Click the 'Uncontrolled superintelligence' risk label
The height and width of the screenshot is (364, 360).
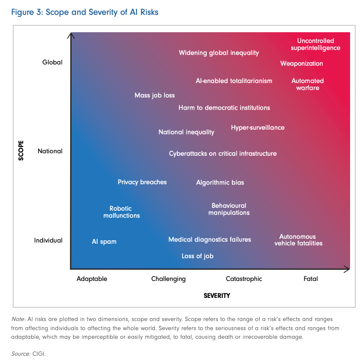click(x=315, y=44)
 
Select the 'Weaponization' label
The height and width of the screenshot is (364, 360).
click(x=301, y=64)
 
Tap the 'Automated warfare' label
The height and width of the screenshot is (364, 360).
click(x=308, y=84)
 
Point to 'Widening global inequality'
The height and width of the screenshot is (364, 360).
click(x=219, y=53)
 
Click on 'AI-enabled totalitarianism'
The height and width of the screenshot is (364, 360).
click(x=234, y=81)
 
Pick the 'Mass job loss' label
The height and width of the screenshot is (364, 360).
click(x=155, y=95)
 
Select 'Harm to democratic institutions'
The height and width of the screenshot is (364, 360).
click(x=224, y=108)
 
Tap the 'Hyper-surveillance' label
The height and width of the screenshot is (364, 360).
click(x=257, y=128)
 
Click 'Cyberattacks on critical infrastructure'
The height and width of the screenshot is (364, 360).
click(x=223, y=154)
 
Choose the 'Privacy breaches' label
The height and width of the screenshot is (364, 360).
click(x=142, y=182)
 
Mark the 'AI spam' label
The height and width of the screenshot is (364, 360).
click(x=104, y=242)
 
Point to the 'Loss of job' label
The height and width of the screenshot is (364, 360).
click(x=198, y=256)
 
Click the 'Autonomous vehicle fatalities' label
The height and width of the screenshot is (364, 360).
click(x=298, y=240)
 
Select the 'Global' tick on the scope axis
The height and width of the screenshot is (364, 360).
click(x=52, y=62)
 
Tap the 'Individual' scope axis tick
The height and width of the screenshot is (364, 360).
click(x=48, y=240)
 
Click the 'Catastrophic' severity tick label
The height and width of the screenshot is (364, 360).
click(x=244, y=279)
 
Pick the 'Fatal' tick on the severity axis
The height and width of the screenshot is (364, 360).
click(x=310, y=279)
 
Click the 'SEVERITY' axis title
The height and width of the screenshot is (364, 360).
click(x=217, y=296)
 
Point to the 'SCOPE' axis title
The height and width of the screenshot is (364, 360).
click(x=21, y=151)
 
